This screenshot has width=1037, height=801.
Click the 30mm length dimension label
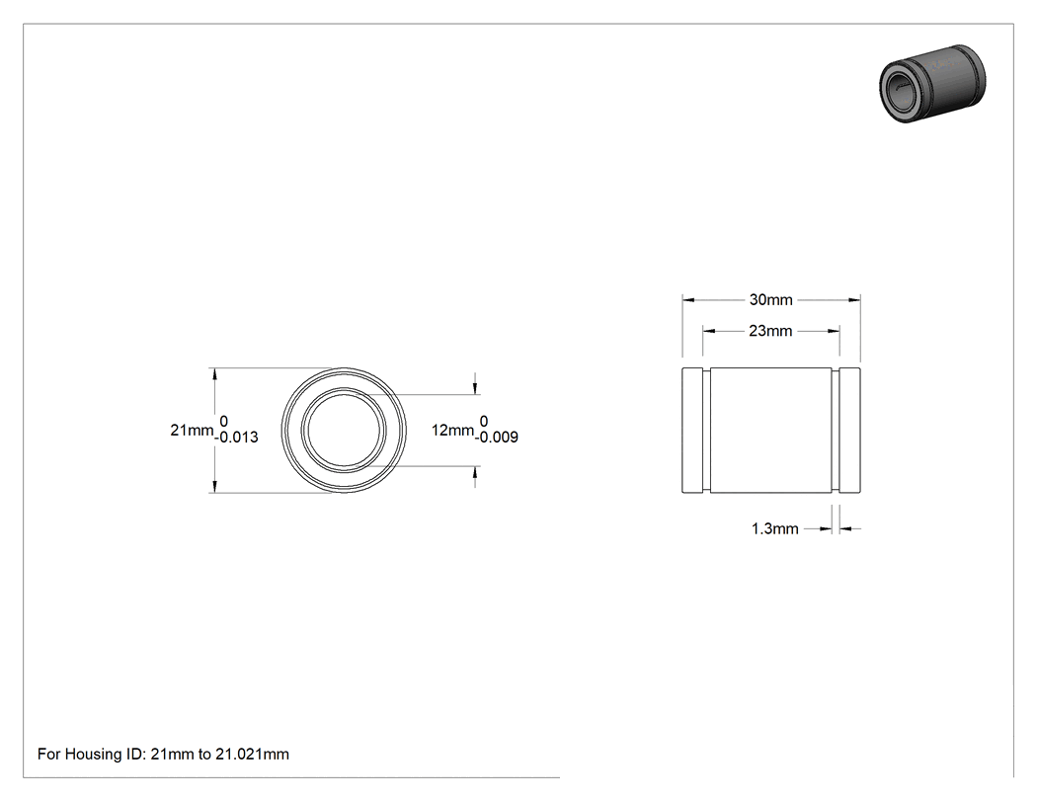click(x=770, y=299)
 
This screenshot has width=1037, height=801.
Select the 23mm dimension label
click(x=770, y=331)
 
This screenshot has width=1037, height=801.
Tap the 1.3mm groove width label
click(x=774, y=528)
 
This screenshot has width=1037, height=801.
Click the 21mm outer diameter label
click(x=192, y=430)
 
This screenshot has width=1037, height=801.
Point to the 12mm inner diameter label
click(x=452, y=430)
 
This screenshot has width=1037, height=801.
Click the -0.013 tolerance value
click(x=236, y=438)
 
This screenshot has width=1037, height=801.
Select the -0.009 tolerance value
click(x=496, y=438)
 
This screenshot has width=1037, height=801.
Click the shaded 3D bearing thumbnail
click(x=932, y=83)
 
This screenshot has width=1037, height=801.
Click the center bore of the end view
click(x=344, y=430)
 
